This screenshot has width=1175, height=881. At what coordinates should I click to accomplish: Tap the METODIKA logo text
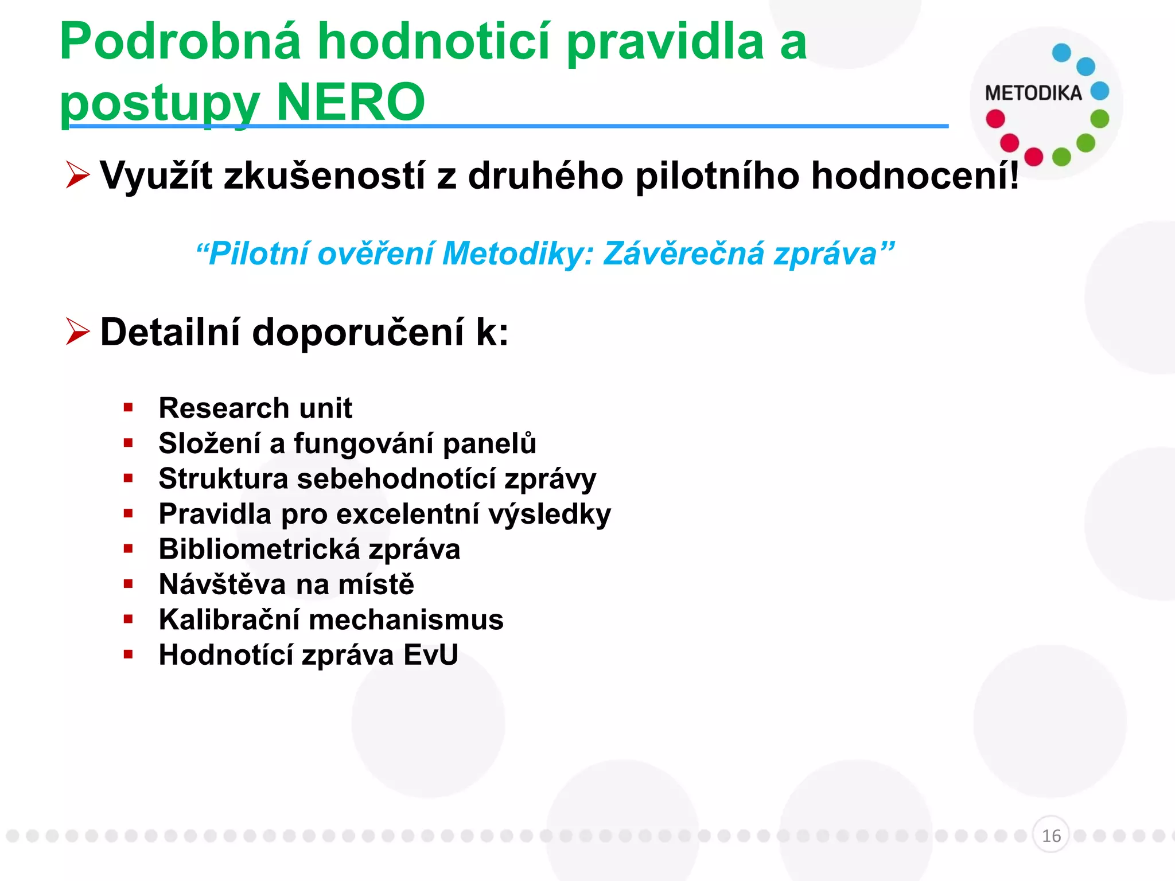1033,93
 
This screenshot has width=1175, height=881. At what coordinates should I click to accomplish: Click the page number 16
1051,836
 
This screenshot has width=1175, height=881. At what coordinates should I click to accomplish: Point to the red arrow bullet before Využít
77,175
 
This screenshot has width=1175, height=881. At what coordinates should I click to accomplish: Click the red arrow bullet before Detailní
77,332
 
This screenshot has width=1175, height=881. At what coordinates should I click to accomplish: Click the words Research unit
255,408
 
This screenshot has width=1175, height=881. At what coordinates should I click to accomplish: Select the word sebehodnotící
396,478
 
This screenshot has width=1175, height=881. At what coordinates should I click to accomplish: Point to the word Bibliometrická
259,549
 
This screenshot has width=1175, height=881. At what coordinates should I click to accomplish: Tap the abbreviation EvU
430,655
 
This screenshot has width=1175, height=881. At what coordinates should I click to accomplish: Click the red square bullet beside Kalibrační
128,619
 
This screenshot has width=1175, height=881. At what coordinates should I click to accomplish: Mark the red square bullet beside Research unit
128,408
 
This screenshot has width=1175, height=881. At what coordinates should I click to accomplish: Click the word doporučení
358,332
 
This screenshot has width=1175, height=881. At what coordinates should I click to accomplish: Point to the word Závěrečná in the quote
683,254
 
